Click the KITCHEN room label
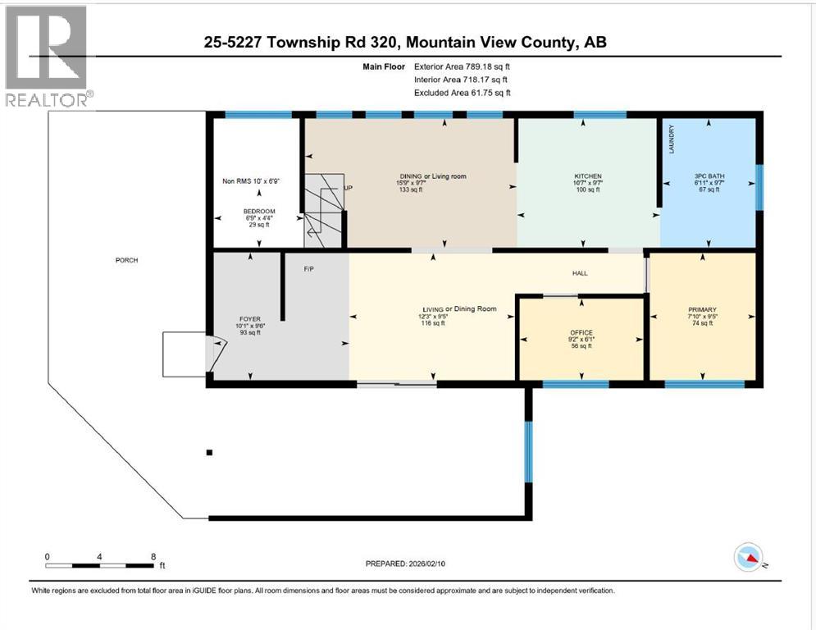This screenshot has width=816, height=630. click(587, 176)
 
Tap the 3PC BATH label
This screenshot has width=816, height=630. click(707, 176)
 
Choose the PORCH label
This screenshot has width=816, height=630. click(126, 261)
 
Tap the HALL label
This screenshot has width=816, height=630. click(580, 273)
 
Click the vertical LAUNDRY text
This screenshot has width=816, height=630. click(671, 139)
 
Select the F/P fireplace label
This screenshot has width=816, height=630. click(309, 268)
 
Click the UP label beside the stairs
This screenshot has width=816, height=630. click(349, 188)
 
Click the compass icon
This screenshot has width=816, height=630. click(750, 558)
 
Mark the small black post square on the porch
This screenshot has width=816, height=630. click(210, 452)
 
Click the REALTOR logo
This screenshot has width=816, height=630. click(47, 56)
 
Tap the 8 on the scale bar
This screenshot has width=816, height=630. click(153, 556)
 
